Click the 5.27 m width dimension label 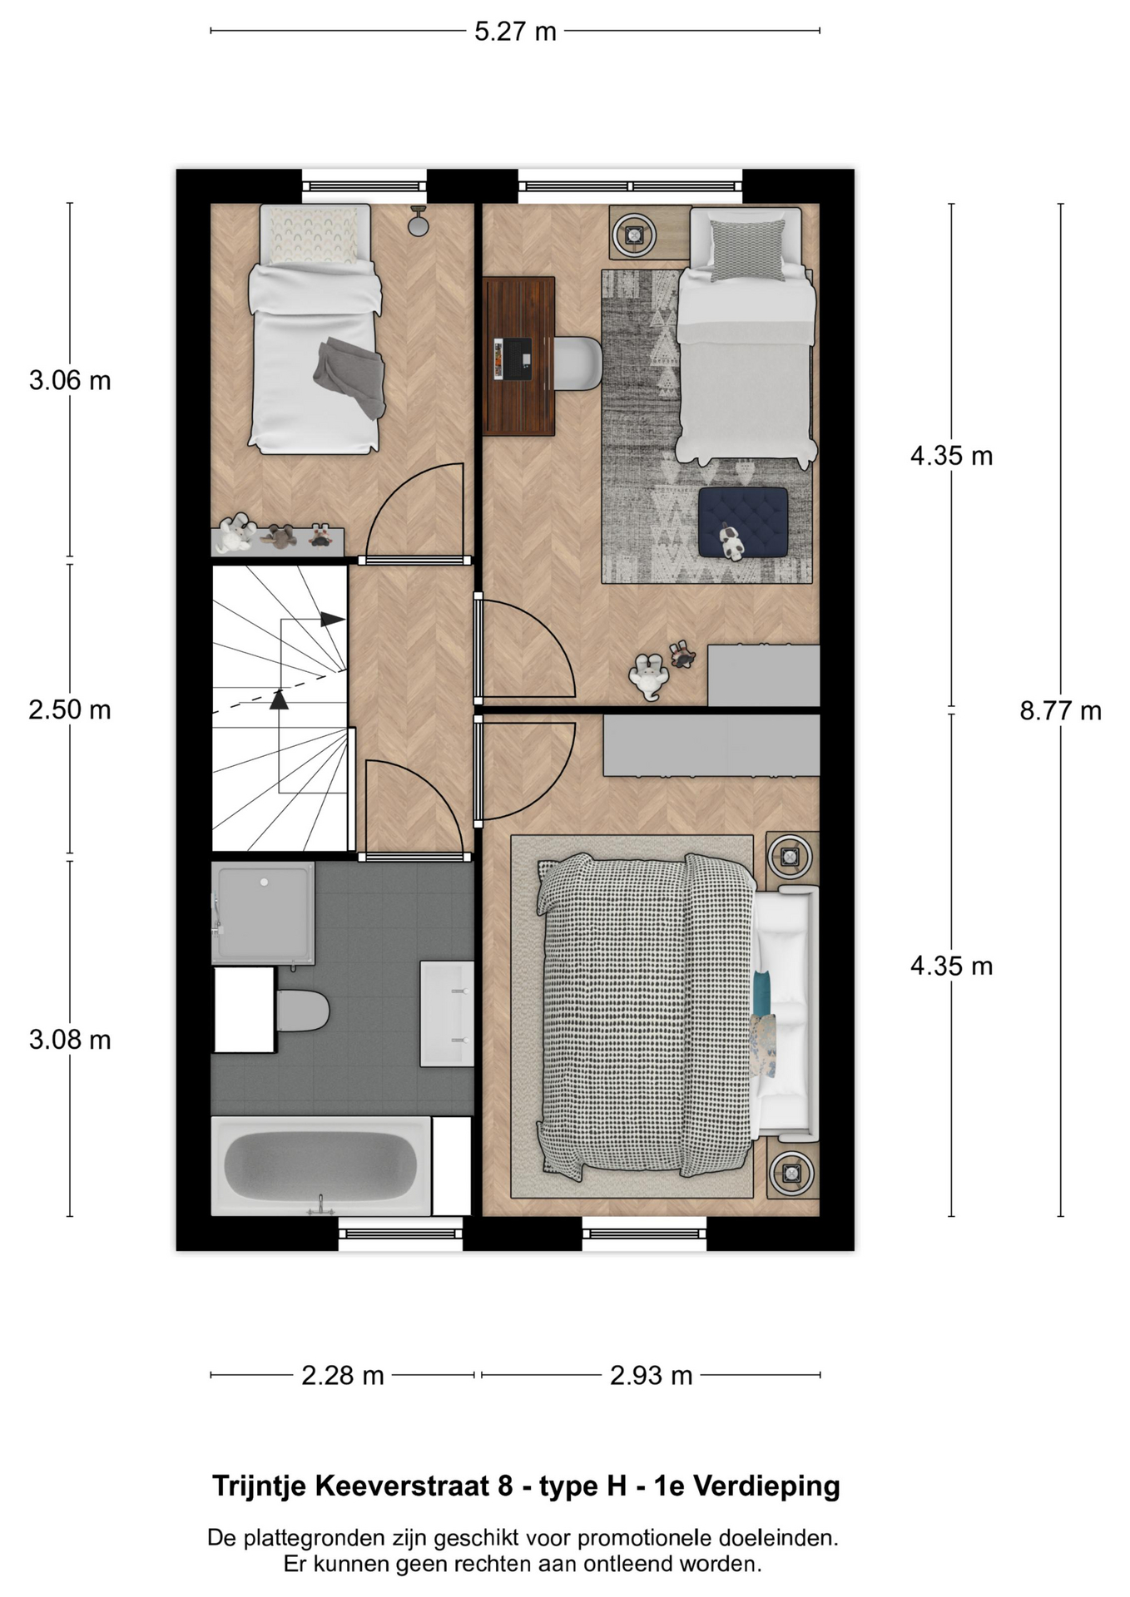515,32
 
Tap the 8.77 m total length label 1060,711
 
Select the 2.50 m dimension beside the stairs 70,710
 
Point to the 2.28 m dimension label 342,1376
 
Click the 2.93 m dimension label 651,1376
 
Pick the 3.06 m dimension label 70,381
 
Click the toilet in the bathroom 302,1011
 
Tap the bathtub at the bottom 321,1165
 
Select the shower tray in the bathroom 263,913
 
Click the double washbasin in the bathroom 447,1013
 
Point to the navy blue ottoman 743,522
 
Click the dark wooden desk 519,356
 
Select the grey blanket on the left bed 350,377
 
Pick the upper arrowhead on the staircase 333,620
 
